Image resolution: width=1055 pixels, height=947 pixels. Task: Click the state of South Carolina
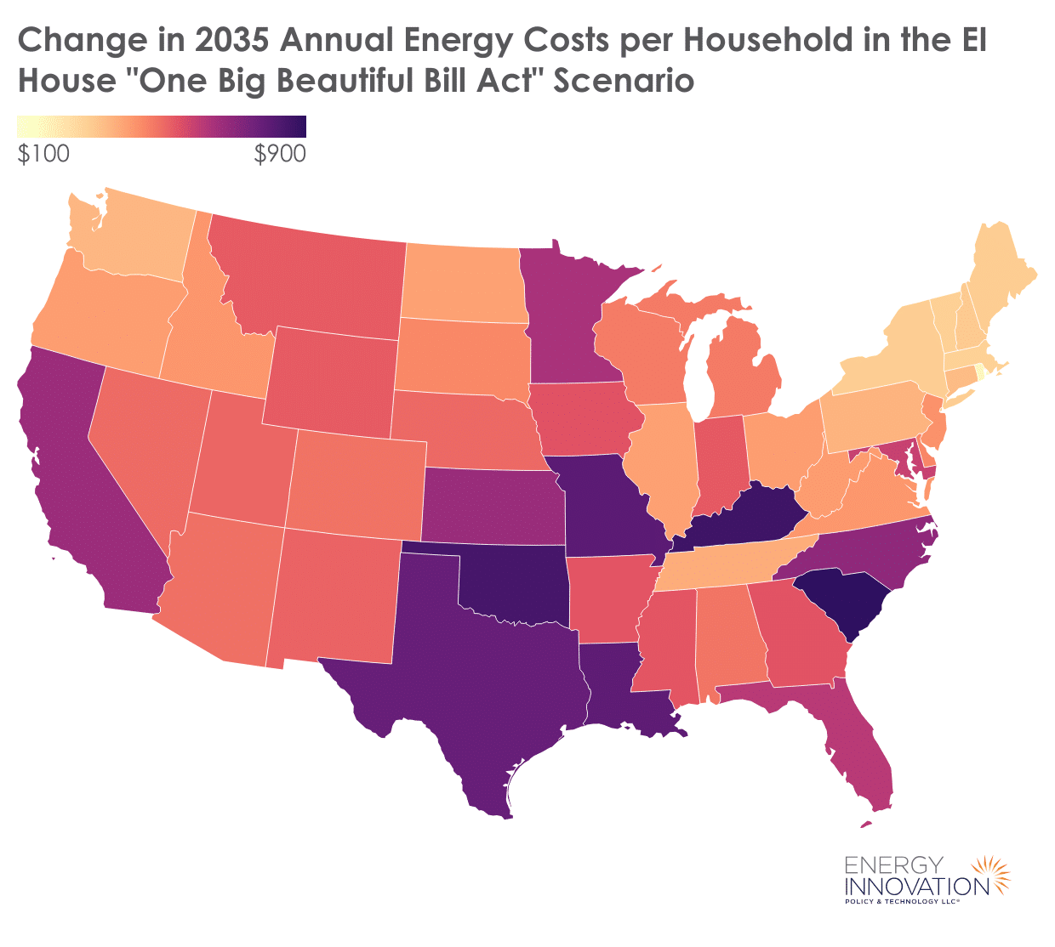click(x=842, y=603)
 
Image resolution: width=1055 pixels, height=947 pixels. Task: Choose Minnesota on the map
click(x=566, y=315)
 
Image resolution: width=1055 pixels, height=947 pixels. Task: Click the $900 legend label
click(x=280, y=154)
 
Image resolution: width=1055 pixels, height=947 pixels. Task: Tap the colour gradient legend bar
click(x=162, y=127)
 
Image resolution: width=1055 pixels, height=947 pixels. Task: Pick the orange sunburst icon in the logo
click(x=990, y=876)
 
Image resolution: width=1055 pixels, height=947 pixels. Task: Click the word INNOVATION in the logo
click(x=916, y=885)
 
